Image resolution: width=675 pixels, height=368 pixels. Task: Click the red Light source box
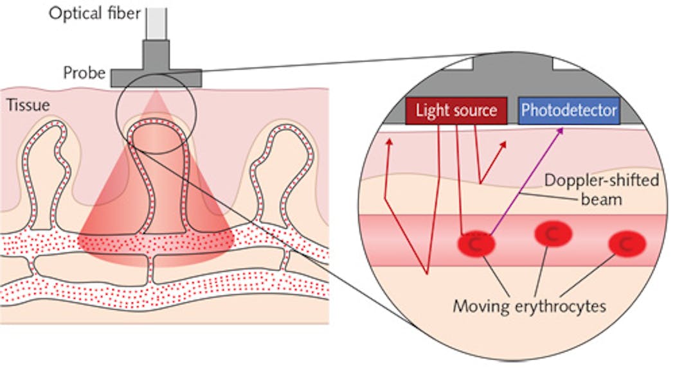pyautogui.click(x=456, y=110)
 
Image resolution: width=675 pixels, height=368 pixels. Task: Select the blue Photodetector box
pyautogui.click(x=569, y=110)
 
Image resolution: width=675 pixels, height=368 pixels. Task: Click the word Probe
pyautogui.click(x=84, y=73)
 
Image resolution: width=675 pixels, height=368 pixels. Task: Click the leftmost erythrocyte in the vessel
pyautogui.click(x=476, y=244)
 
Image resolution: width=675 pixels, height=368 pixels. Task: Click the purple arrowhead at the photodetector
pyautogui.click(x=560, y=130)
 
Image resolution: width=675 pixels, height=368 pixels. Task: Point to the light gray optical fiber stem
pyautogui.click(x=157, y=22)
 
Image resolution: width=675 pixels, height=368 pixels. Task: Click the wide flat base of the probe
pyautogui.click(x=156, y=78)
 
